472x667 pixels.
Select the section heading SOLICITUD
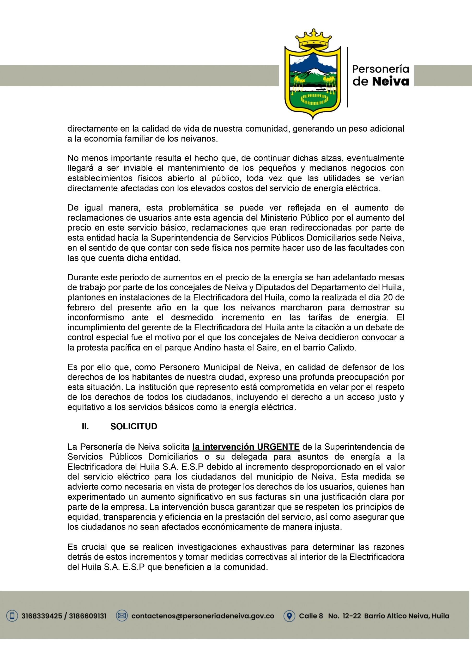(134, 426)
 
